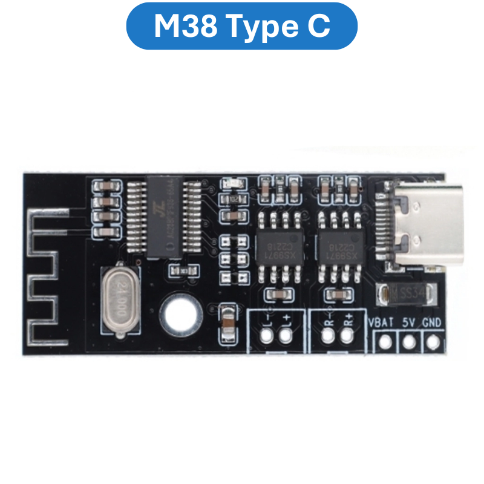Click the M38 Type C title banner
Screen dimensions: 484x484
(242, 26)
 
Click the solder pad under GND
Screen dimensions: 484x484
(432, 342)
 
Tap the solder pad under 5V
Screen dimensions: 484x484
(409, 342)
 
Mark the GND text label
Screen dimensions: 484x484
(432, 322)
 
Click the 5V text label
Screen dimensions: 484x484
(408, 322)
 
